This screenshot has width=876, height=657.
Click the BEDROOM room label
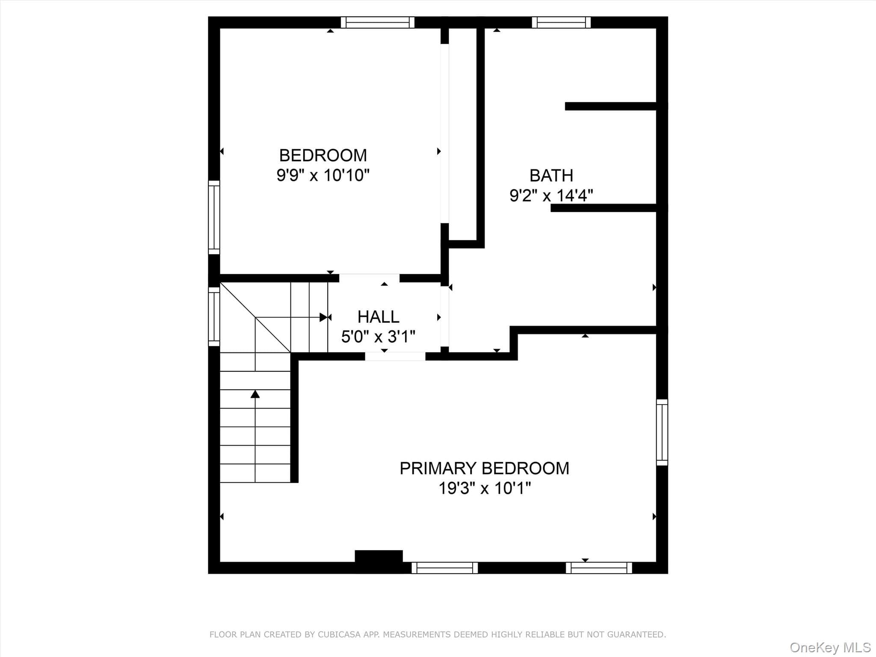pyautogui.click(x=323, y=155)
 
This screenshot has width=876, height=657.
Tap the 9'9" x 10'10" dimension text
pyautogui.click(x=323, y=175)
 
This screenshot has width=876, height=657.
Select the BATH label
pyautogui.click(x=551, y=175)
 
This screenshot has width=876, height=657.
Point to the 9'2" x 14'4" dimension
pyautogui.click(x=551, y=195)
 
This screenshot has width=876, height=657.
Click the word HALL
pyautogui.click(x=378, y=317)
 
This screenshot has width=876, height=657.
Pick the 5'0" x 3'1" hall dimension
pyautogui.click(x=378, y=337)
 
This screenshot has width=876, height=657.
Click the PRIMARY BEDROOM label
pyautogui.click(x=484, y=468)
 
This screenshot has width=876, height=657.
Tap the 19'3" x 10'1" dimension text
pyautogui.click(x=484, y=488)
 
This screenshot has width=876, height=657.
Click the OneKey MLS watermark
pyautogui.click(x=830, y=647)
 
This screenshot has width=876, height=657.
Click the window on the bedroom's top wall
pyautogui.click(x=378, y=22)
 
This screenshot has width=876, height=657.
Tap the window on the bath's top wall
pyautogui.click(x=561, y=22)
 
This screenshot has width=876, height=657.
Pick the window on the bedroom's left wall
pyautogui.click(x=214, y=217)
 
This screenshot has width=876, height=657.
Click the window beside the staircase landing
pyautogui.click(x=214, y=317)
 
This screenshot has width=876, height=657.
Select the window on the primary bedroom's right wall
pyautogui.click(x=662, y=432)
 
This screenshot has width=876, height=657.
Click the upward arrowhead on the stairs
pyautogui.click(x=255, y=394)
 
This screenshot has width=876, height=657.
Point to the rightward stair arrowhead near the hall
pyautogui.click(x=323, y=317)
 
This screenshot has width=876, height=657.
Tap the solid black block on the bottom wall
pyautogui.click(x=379, y=561)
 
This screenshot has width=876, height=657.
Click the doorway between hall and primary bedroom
pyautogui.click(x=395, y=356)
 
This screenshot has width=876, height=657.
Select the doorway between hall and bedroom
pyautogui.click(x=369, y=278)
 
